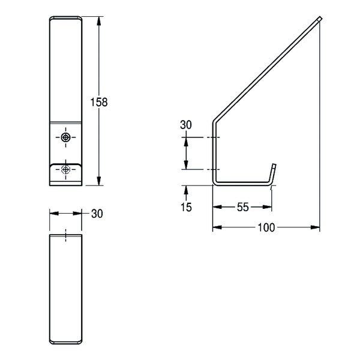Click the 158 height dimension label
[99, 102]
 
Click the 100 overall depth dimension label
[266, 227]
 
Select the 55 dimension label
[242, 207]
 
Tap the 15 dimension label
[186, 207]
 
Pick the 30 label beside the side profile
[186, 125]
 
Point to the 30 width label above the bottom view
[97, 214]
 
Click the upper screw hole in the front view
[65, 137]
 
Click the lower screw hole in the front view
[65, 169]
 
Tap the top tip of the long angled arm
[320, 19]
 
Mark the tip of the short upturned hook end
[274, 164]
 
